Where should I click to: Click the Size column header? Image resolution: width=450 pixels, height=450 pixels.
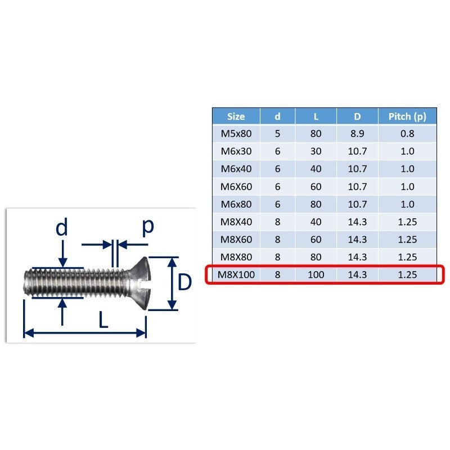236,116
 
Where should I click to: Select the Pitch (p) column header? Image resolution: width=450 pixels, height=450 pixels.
407,116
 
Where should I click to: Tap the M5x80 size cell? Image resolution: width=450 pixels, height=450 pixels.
236,134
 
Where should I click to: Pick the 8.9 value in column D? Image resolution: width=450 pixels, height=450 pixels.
357,134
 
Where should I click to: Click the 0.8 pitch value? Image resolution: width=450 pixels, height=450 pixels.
407,134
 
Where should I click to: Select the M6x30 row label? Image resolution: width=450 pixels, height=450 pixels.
236,151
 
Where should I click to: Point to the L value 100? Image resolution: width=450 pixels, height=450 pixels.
316,274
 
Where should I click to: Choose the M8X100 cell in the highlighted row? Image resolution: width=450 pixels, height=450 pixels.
236,274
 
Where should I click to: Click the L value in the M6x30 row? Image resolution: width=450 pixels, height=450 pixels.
316,151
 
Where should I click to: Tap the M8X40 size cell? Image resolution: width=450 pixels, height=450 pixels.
236,222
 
